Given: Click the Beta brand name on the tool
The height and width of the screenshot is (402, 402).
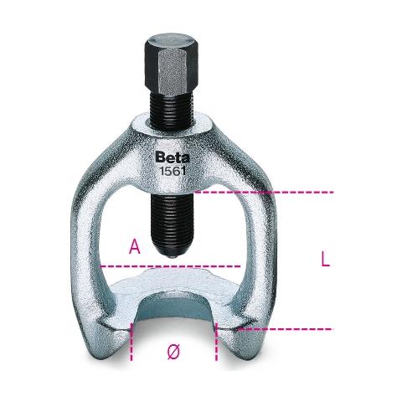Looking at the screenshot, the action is [173, 157].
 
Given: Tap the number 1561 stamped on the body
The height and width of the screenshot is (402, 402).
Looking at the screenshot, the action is [173, 171].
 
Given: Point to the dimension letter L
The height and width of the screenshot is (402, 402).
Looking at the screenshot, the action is [325, 259].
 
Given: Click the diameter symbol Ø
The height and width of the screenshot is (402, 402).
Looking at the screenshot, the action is [173, 352].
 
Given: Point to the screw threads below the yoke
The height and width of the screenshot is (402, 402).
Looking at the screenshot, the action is [171, 220].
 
